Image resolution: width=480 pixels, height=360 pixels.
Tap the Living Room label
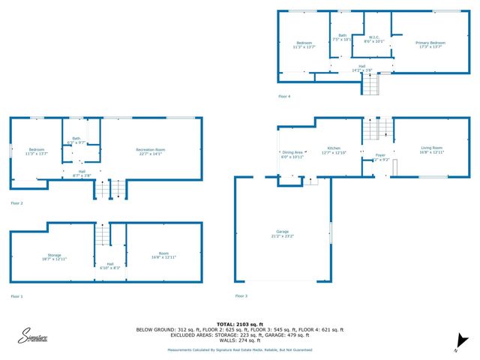430,150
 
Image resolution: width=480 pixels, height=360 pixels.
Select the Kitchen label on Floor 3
334,150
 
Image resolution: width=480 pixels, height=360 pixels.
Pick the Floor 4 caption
283,96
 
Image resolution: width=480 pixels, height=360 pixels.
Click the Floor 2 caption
16,203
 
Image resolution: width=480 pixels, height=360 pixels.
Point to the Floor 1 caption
16,296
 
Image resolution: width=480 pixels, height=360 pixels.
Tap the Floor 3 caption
241,296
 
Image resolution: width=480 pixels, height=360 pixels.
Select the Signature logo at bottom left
34,337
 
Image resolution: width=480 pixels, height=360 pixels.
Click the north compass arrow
463,338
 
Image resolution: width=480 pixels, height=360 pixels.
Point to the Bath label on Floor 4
342,37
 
